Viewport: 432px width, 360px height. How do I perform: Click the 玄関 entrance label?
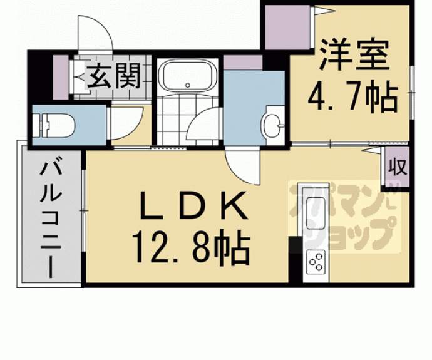click(114, 76)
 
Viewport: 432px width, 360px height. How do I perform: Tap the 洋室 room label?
click(354, 55)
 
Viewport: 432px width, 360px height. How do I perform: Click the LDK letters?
click(193, 205)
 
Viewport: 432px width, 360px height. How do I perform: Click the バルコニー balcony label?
click(51, 217)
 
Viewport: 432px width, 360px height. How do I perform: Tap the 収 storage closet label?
click(398, 167)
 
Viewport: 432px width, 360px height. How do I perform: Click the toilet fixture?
click(53, 126)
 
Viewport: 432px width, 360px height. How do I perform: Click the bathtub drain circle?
click(188, 85)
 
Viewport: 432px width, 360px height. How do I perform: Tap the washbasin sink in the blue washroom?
click(272, 126)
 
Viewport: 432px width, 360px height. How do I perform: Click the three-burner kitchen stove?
click(316, 262)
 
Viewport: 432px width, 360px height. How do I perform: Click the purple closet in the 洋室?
click(287, 28)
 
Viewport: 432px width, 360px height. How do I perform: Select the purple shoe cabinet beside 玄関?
click(61, 78)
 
